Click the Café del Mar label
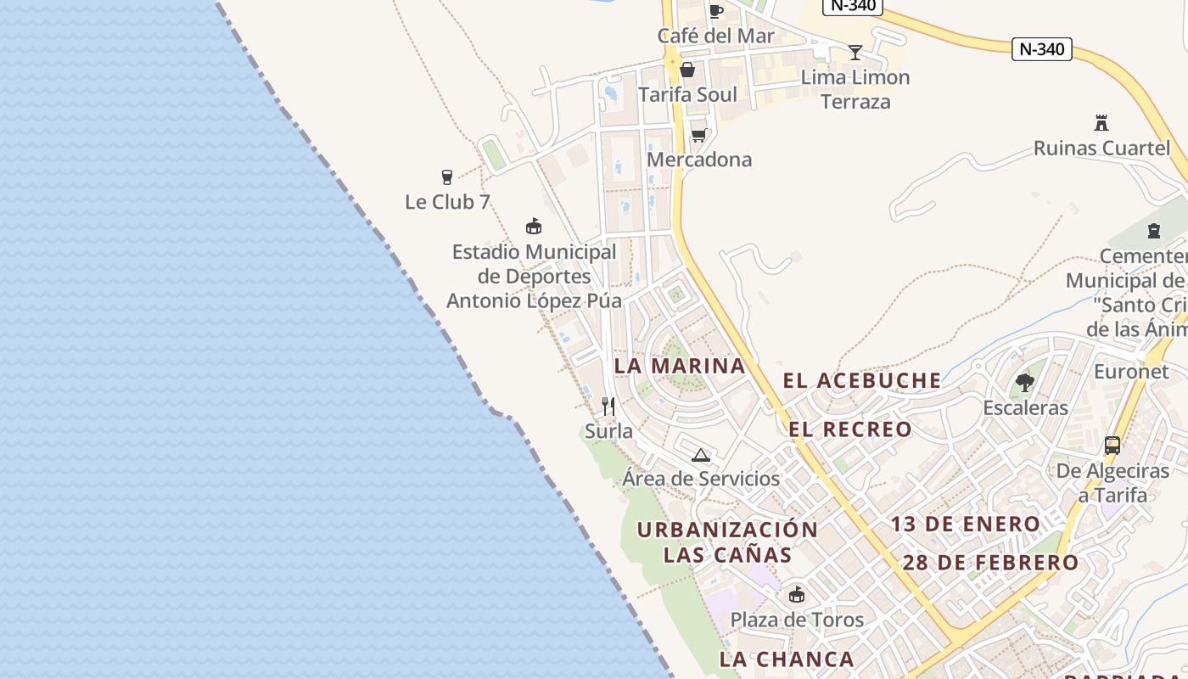(715, 36)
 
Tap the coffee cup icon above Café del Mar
(715, 11)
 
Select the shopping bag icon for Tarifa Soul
(687, 70)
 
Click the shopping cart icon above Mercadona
(699, 135)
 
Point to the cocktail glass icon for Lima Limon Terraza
(855, 53)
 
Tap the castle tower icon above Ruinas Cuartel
(1101, 123)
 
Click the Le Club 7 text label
(447, 202)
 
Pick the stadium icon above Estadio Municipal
(534, 227)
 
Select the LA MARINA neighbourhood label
(679, 366)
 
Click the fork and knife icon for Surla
(608, 407)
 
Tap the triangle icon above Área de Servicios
(700, 455)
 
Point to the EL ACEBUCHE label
(861, 381)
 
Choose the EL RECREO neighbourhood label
(850, 429)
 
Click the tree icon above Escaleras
(1025, 383)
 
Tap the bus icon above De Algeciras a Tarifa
(1112, 446)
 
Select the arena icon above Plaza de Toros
(796, 594)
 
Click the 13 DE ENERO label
(965, 525)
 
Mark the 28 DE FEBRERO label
(989, 563)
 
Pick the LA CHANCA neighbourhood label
(787, 659)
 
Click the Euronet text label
(1131, 372)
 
